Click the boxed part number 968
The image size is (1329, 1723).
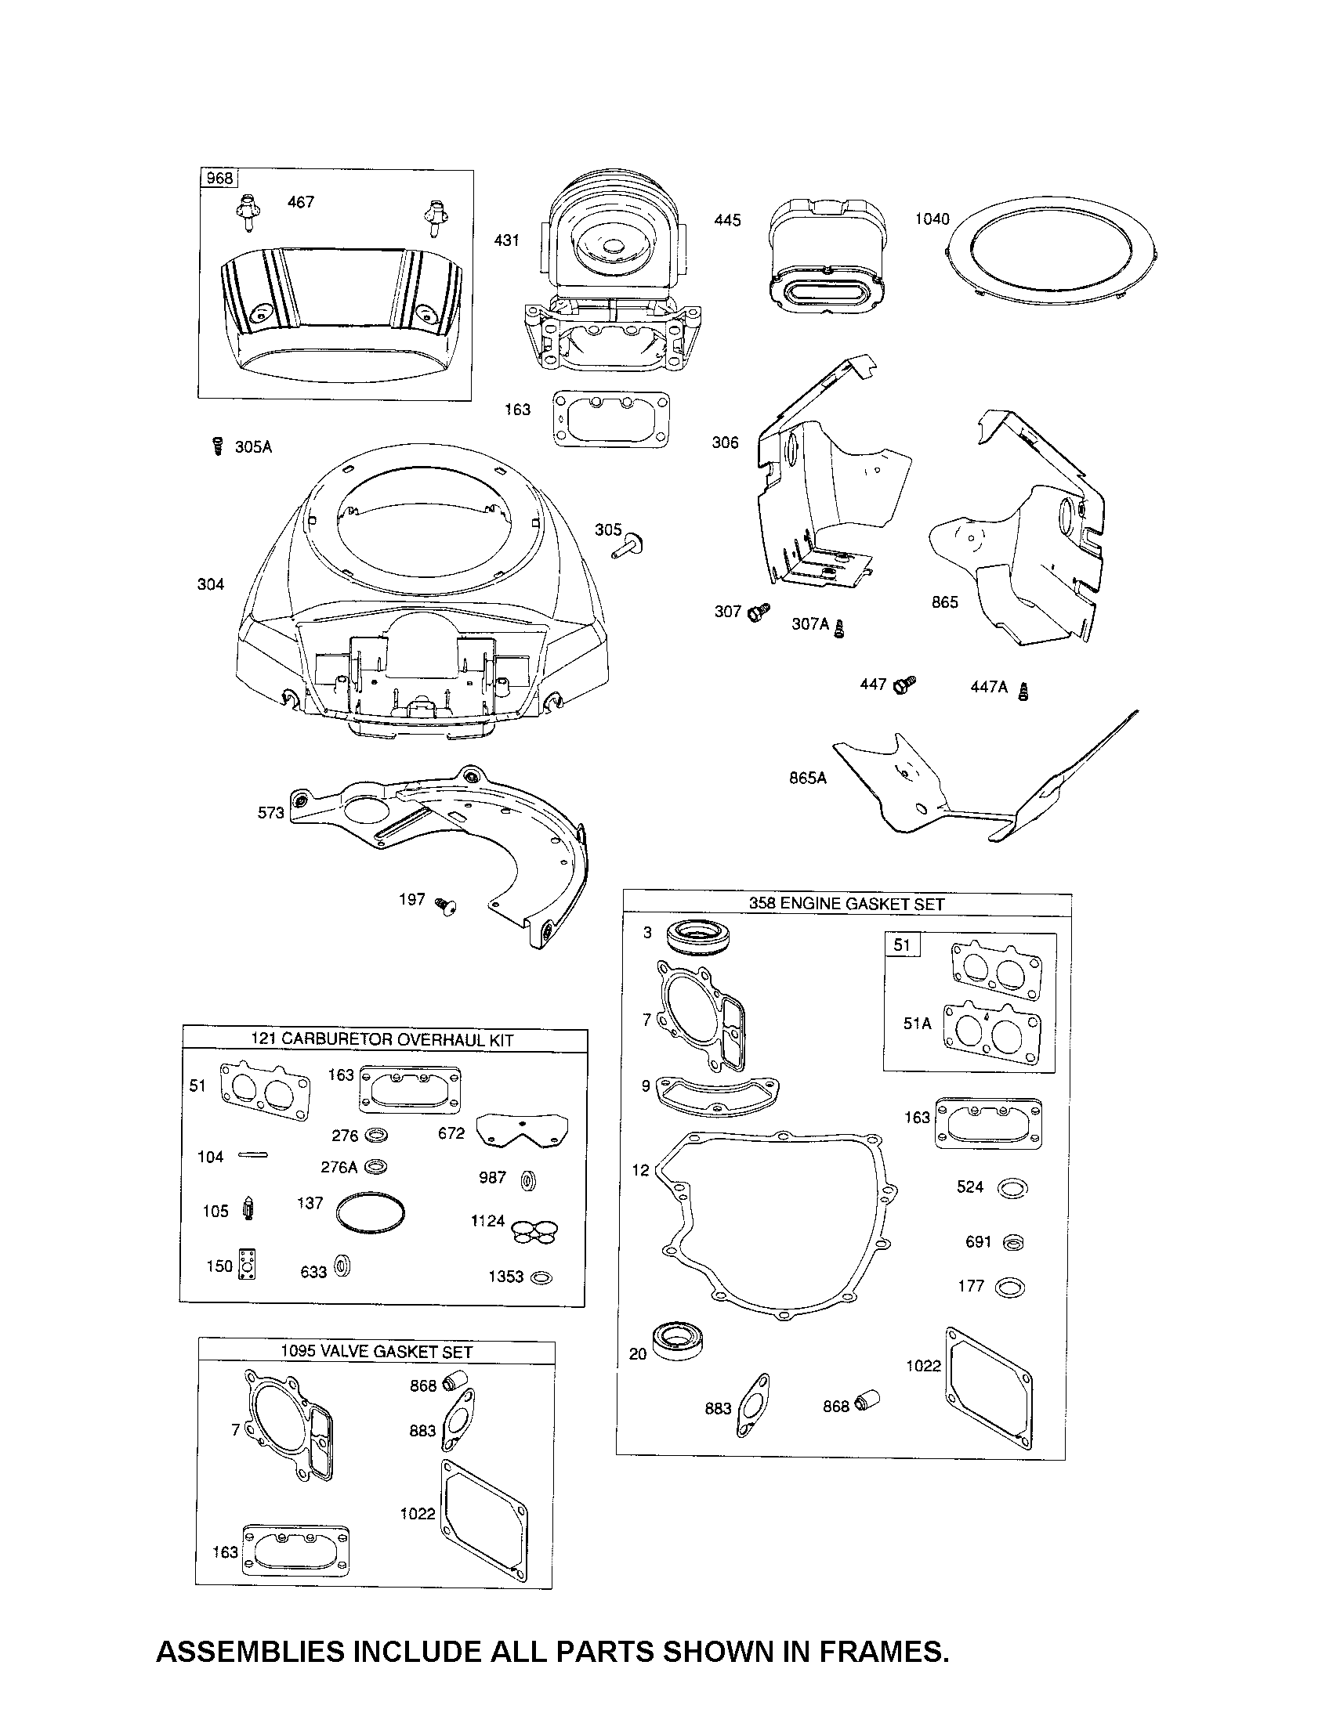tap(219, 179)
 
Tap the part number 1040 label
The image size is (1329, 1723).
tap(932, 219)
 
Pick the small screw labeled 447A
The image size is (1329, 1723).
tap(1023, 691)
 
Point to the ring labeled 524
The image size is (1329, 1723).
tap(1012, 1188)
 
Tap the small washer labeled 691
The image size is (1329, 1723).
tap(1013, 1243)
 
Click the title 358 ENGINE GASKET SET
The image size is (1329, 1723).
tap(846, 904)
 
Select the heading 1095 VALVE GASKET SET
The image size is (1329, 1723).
tap(375, 1352)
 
